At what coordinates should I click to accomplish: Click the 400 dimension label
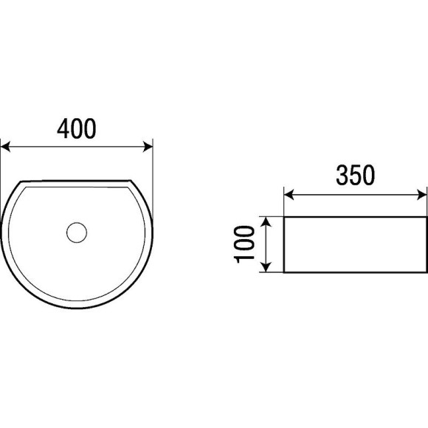[x=77, y=128]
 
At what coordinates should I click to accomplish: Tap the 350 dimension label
[x=356, y=175]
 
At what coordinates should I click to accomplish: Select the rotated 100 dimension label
[x=244, y=244]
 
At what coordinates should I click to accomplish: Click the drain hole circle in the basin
[x=77, y=232]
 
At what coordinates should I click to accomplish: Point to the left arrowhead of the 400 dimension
[x=5, y=147]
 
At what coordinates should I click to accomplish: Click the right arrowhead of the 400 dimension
[x=148, y=147]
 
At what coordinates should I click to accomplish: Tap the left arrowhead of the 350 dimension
[x=289, y=195]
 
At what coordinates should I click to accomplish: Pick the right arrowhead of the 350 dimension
[x=421, y=195]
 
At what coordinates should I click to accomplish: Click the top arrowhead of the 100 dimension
[x=266, y=221]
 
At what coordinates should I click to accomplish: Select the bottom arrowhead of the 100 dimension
[x=266, y=267]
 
